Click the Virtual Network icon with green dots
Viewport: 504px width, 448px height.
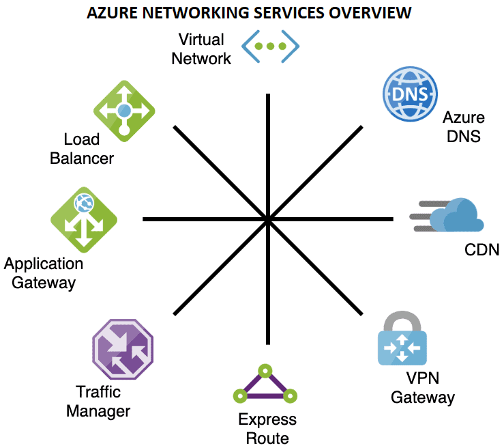tap(271, 46)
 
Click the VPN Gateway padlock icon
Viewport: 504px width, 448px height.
tap(402, 341)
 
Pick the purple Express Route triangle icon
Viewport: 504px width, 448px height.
tap(264, 386)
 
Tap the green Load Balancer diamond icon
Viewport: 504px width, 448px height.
tap(123, 110)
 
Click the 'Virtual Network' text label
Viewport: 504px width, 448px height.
tap(201, 49)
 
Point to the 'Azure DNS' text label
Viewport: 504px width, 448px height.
tap(463, 126)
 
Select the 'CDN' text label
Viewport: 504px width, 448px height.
tap(481, 250)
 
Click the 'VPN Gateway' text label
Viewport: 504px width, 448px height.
tap(422, 388)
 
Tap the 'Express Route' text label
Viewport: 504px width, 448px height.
tap(267, 428)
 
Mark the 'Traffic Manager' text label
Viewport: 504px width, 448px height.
tap(103, 402)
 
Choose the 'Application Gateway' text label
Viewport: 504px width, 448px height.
tap(44, 272)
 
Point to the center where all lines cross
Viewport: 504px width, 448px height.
tap(268, 219)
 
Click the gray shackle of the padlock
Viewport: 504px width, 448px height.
tap(402, 318)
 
